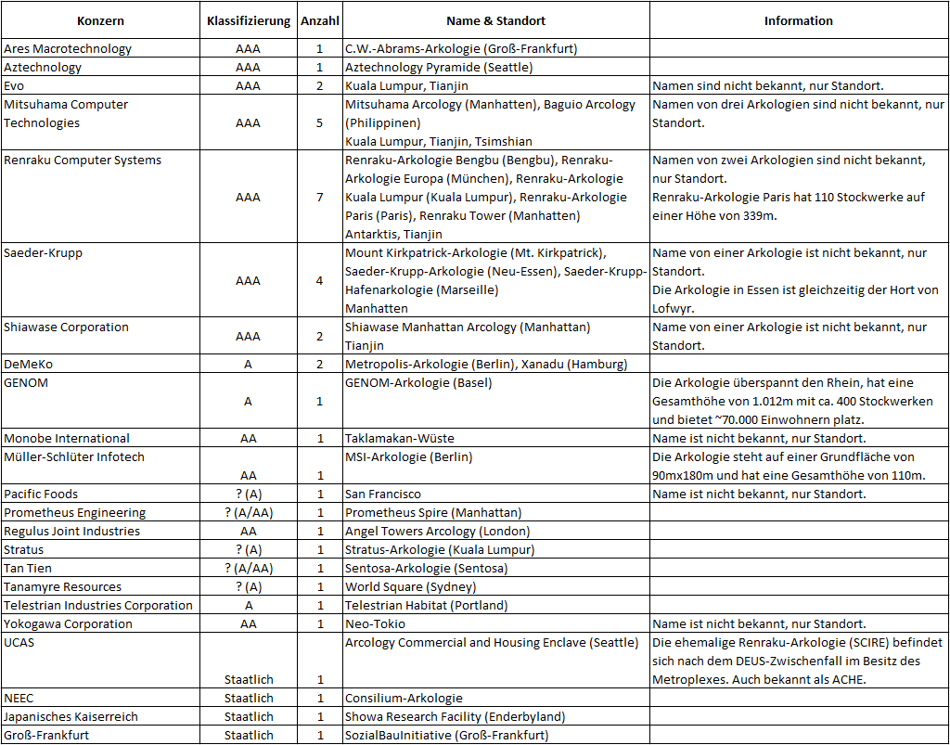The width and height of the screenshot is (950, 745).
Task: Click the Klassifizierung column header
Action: point(248,20)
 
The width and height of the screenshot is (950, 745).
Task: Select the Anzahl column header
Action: point(319,20)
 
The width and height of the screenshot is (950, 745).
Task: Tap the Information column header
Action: point(798,20)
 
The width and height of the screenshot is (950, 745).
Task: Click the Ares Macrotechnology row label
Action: point(68,48)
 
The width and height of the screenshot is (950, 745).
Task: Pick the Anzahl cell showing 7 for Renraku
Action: point(319,197)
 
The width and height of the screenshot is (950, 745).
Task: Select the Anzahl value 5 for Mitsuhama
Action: point(319,122)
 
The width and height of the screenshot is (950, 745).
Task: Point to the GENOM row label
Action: point(26,382)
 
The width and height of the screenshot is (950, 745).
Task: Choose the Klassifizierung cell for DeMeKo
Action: point(248,364)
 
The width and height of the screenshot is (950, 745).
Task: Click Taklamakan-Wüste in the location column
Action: point(400,438)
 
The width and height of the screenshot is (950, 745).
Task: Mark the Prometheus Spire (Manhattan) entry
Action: point(433,512)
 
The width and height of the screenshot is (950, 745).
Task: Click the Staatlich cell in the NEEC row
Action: point(248,698)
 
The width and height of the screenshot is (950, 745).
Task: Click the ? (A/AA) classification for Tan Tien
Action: point(248,568)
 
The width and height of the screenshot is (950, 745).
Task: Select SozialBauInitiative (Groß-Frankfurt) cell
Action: point(446,735)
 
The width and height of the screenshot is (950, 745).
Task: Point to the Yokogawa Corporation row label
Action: point(68,623)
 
